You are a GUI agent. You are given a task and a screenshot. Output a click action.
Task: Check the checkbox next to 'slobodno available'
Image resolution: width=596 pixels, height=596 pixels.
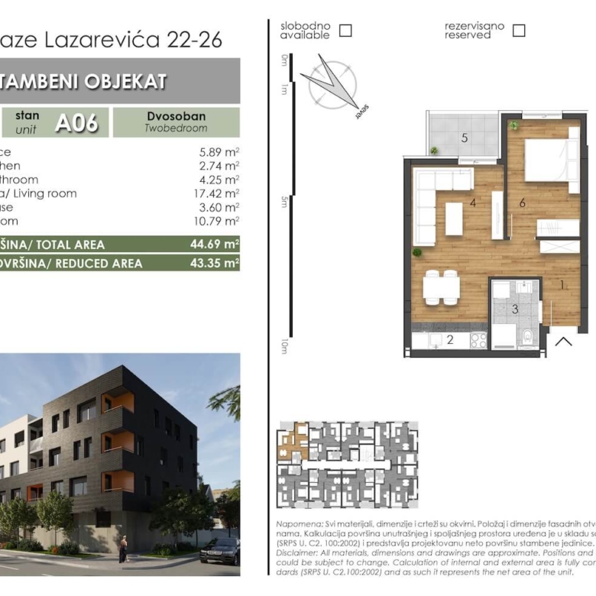345,31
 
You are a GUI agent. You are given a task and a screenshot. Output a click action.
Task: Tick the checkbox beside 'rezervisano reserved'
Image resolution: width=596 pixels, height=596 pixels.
519,31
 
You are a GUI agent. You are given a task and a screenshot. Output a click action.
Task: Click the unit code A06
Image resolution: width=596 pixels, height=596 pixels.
76,122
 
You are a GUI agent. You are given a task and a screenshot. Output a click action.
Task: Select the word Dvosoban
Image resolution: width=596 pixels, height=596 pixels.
176,116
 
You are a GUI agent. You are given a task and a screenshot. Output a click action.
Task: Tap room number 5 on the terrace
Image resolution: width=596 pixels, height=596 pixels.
464,138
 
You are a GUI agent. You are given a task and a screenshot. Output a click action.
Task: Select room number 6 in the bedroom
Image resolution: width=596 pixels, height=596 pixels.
522,202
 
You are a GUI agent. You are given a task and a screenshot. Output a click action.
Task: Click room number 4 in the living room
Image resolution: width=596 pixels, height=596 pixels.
474,203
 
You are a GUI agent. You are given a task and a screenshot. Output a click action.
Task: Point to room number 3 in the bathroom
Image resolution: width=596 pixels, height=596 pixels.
515,309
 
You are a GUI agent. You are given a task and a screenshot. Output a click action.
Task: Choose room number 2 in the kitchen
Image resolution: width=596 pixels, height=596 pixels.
450,340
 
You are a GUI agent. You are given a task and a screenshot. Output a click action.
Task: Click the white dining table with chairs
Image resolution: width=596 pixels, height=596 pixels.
441,287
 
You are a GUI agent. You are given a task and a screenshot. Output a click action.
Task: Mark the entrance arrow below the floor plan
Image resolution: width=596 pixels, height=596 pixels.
563,341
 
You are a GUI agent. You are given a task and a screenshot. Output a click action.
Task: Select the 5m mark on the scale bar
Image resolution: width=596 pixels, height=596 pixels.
283,201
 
